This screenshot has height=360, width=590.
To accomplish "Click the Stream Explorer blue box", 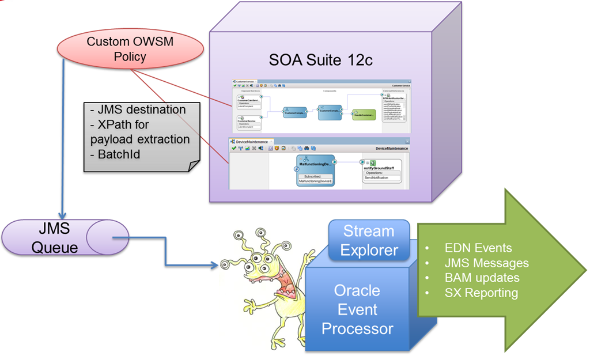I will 369,240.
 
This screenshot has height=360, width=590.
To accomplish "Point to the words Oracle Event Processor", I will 357,309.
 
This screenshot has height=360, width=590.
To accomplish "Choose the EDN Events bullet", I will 478,248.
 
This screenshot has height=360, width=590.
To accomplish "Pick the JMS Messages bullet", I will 486,263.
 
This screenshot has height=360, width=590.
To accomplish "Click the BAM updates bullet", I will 482,278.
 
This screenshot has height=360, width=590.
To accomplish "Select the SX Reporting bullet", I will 481,293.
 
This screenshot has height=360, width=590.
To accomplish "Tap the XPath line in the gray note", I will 140,132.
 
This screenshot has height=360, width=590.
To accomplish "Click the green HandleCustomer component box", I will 364,113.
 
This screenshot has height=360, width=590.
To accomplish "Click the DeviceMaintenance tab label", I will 252,142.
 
